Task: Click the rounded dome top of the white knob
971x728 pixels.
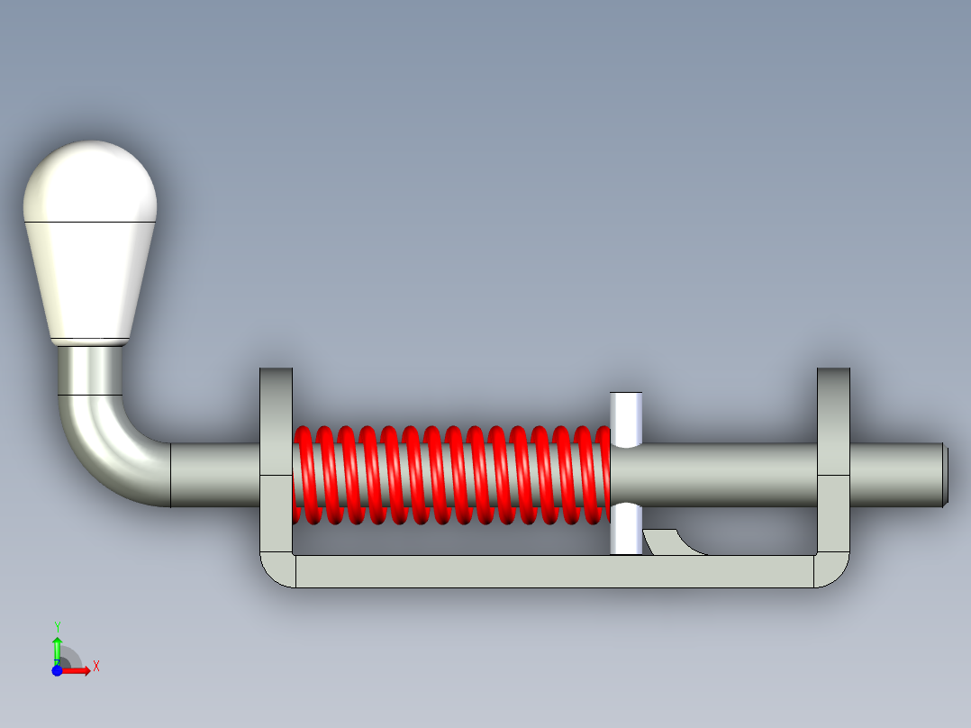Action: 90,181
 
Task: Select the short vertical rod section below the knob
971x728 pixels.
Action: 90,370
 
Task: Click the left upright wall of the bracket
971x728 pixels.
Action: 277,460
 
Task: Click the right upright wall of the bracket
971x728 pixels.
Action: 833,460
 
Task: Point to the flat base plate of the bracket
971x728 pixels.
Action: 555,571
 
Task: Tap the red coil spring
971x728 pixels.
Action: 451,475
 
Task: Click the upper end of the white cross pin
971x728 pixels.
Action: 626,419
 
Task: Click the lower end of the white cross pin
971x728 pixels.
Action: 626,529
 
